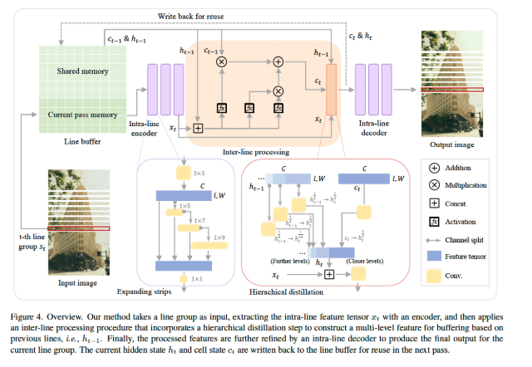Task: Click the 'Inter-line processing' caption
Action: pyautogui.click(x=265, y=152)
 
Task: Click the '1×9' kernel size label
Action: pyautogui.click(x=219, y=238)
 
